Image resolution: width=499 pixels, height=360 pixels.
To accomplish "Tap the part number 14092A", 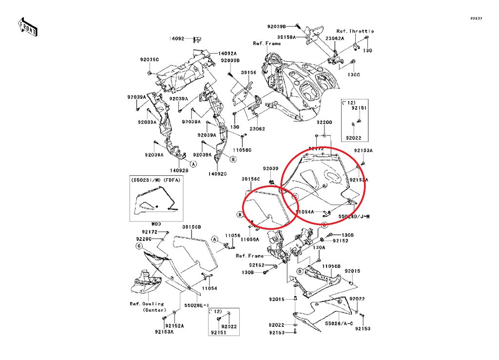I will coord(227,54).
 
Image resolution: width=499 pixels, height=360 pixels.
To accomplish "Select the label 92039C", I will coord(149,59).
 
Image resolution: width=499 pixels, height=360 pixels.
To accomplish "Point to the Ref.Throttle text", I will coord(355,31).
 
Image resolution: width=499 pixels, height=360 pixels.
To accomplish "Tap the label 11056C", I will coord(242,151).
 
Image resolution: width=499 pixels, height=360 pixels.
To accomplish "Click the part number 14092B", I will coord(179,171).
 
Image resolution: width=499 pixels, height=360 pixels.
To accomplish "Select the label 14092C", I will coord(218,174).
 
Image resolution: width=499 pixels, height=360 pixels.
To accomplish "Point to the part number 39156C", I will coord(251,179).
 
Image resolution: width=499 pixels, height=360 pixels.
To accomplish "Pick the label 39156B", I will coord(192,227).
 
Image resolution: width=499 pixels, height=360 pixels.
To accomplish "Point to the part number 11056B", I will coord(331,266).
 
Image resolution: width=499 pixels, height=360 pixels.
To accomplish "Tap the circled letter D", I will coord(300,271).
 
